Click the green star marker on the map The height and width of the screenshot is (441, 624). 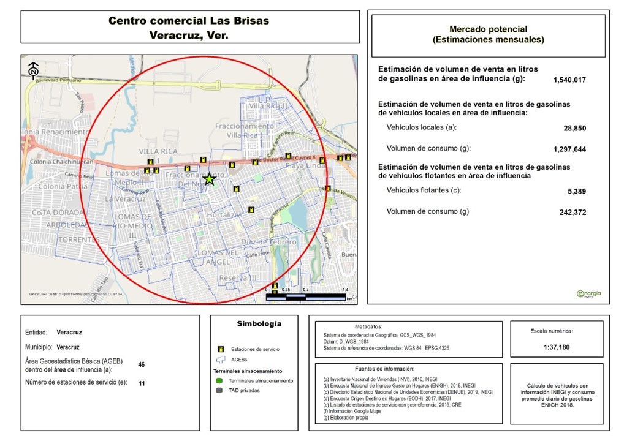(x=209, y=179)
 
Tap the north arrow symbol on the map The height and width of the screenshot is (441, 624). (x=34, y=70)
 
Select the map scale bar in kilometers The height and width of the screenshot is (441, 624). (x=306, y=296)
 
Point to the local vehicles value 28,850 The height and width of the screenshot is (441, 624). (x=575, y=129)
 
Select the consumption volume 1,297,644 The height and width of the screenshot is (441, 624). (x=569, y=149)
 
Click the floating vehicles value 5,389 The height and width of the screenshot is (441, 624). (x=577, y=192)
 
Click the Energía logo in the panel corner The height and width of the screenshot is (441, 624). (x=588, y=293)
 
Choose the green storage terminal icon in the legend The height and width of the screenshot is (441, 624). (x=219, y=380)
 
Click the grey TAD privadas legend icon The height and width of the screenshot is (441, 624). (x=219, y=390)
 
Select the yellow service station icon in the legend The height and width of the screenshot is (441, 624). (x=219, y=349)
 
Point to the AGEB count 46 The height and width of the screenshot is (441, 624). (x=142, y=364)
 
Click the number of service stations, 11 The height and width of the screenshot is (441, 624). (x=142, y=383)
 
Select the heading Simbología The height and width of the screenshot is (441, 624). (x=259, y=323)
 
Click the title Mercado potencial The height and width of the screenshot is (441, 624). (x=488, y=29)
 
